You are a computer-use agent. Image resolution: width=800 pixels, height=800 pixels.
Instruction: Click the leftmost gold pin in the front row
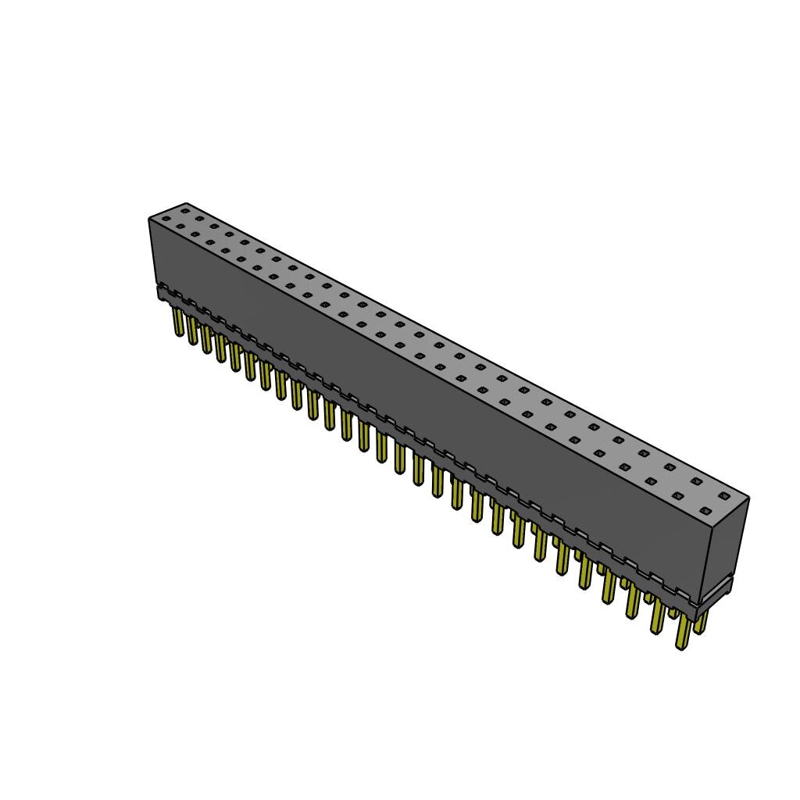pos(178,323)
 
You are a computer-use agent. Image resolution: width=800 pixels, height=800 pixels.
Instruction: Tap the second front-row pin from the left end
pos(192,331)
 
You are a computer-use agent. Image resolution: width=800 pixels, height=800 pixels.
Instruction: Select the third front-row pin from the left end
pos(206,340)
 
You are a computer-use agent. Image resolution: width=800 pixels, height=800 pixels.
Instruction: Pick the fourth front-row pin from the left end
pos(220,349)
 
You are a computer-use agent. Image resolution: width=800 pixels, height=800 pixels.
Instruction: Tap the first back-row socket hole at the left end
pos(185,209)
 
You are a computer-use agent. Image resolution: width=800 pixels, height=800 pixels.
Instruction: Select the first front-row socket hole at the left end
pos(165,220)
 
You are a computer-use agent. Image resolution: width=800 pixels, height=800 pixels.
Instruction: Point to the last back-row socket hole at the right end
pos(724,495)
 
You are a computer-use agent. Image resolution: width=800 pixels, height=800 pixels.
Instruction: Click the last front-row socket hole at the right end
pos(705,511)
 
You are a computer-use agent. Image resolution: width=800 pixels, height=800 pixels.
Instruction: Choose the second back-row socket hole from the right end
pos(696,481)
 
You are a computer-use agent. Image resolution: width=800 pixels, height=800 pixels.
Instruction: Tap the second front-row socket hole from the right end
pos(677,496)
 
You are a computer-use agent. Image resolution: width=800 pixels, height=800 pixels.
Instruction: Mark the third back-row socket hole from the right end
pos(670,467)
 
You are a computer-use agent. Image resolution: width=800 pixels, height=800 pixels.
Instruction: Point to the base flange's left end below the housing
pos(162,294)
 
